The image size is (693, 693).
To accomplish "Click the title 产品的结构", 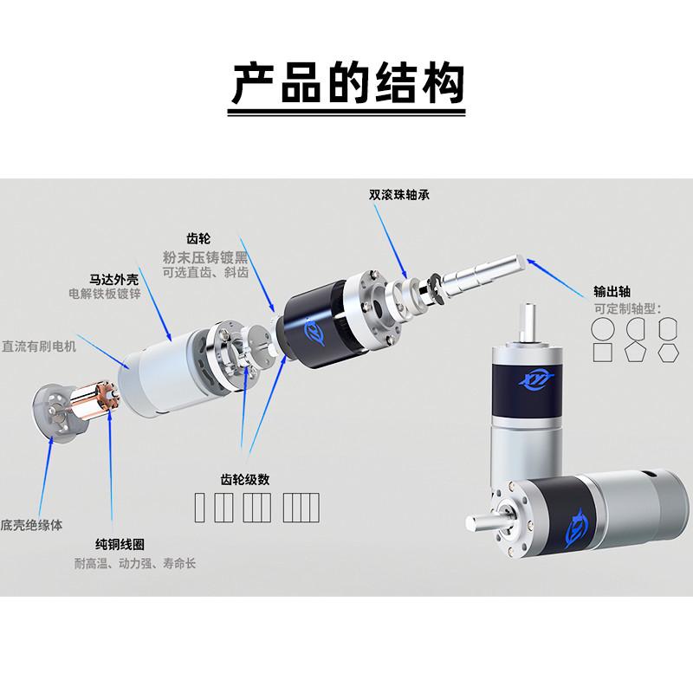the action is click(x=346, y=84).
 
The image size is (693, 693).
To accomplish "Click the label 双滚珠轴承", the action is click(x=399, y=195).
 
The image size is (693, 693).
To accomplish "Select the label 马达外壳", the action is click(x=114, y=279).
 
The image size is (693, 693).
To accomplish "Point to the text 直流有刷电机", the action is click(x=40, y=346).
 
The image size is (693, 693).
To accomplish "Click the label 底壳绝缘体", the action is click(x=32, y=524).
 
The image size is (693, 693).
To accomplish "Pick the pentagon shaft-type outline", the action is click(x=634, y=353).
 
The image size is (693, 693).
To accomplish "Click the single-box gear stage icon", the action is click(x=203, y=505).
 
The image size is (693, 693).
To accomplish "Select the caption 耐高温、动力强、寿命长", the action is click(x=134, y=564).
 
